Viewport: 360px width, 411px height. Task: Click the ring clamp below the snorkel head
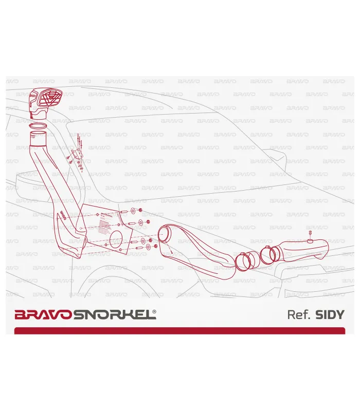37,125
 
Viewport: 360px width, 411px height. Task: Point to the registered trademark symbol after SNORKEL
155,311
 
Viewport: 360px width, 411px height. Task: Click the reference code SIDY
329,314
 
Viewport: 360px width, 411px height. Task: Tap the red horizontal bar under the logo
179,330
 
